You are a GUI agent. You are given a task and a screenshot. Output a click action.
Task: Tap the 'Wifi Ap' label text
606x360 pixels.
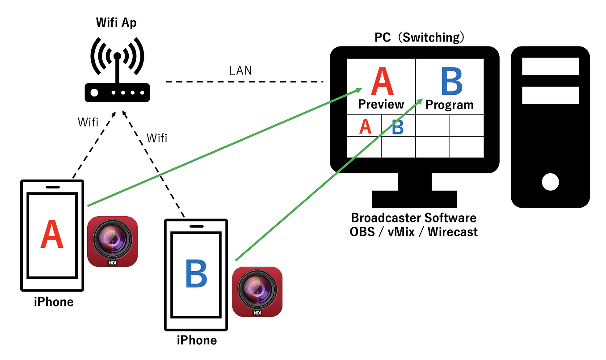[117, 23]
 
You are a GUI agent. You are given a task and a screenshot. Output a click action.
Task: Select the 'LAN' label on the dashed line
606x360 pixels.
[240, 70]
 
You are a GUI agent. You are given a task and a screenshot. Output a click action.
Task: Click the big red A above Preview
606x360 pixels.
[382, 82]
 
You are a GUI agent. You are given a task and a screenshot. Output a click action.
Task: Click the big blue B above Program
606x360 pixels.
[451, 82]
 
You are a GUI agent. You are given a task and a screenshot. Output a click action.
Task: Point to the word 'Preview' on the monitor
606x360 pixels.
[381, 105]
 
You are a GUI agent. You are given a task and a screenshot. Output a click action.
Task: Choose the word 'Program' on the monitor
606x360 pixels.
[449, 105]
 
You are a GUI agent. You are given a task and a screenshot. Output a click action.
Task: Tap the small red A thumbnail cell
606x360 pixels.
[365, 126]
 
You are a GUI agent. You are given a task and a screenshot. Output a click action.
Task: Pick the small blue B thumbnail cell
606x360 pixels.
[398, 127]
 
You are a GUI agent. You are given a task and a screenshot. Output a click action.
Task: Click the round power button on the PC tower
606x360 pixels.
[550, 182]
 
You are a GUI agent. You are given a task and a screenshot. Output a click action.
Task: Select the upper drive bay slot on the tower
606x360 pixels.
[550, 67]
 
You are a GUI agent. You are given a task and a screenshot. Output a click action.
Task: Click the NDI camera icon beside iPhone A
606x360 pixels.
[112, 241]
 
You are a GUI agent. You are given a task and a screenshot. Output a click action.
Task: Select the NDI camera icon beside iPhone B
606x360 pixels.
[257, 292]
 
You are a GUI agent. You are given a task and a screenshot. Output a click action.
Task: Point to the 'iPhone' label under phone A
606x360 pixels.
[54, 301]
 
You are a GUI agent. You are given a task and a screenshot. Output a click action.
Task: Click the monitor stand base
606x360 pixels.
[414, 199]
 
